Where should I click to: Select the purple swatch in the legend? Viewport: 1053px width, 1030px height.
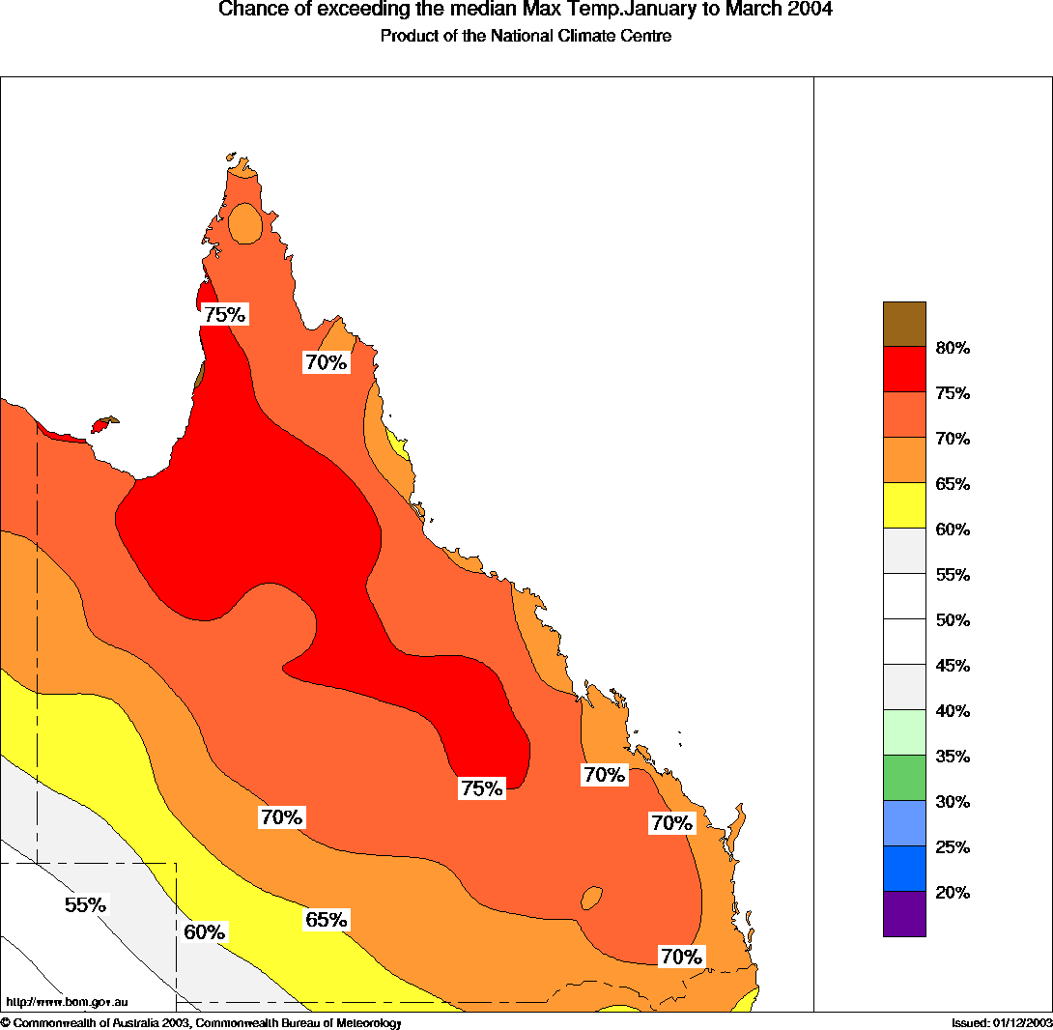point(904,914)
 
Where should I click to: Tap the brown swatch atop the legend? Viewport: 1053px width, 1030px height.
point(904,324)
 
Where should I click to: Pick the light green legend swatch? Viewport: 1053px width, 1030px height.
point(904,732)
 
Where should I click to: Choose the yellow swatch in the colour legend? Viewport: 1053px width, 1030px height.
point(904,505)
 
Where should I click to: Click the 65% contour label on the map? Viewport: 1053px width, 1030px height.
point(326,919)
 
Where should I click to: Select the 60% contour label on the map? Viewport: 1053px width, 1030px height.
point(204,932)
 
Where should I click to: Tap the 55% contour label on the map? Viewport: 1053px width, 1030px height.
point(85,905)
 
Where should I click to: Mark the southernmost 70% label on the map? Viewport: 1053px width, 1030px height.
point(681,957)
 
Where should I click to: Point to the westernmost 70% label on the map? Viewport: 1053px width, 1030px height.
point(281,817)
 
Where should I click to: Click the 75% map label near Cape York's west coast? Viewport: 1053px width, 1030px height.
point(225,314)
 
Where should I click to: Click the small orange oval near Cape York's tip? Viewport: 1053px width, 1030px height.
point(246,224)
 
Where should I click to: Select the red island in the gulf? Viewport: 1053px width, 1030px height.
point(100,426)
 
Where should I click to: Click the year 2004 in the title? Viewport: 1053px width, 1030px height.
point(810,11)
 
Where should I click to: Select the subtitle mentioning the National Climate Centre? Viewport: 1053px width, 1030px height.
point(526,37)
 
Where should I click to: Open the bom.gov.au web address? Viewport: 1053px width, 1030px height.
point(67,1002)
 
